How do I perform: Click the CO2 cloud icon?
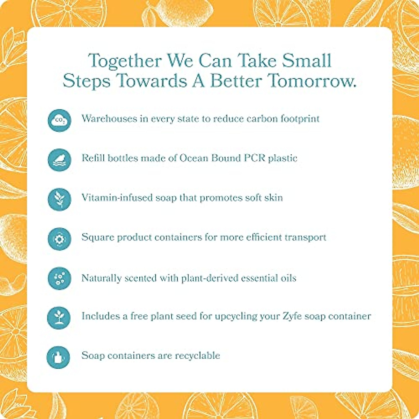(x=59, y=120)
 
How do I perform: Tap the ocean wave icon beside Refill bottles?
(x=59, y=160)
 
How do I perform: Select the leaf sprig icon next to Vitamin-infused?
(x=59, y=199)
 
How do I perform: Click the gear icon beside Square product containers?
(x=59, y=239)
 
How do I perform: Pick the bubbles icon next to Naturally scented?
(x=59, y=278)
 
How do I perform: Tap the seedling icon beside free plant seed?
(x=59, y=318)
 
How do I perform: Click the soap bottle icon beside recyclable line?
(x=58, y=358)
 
